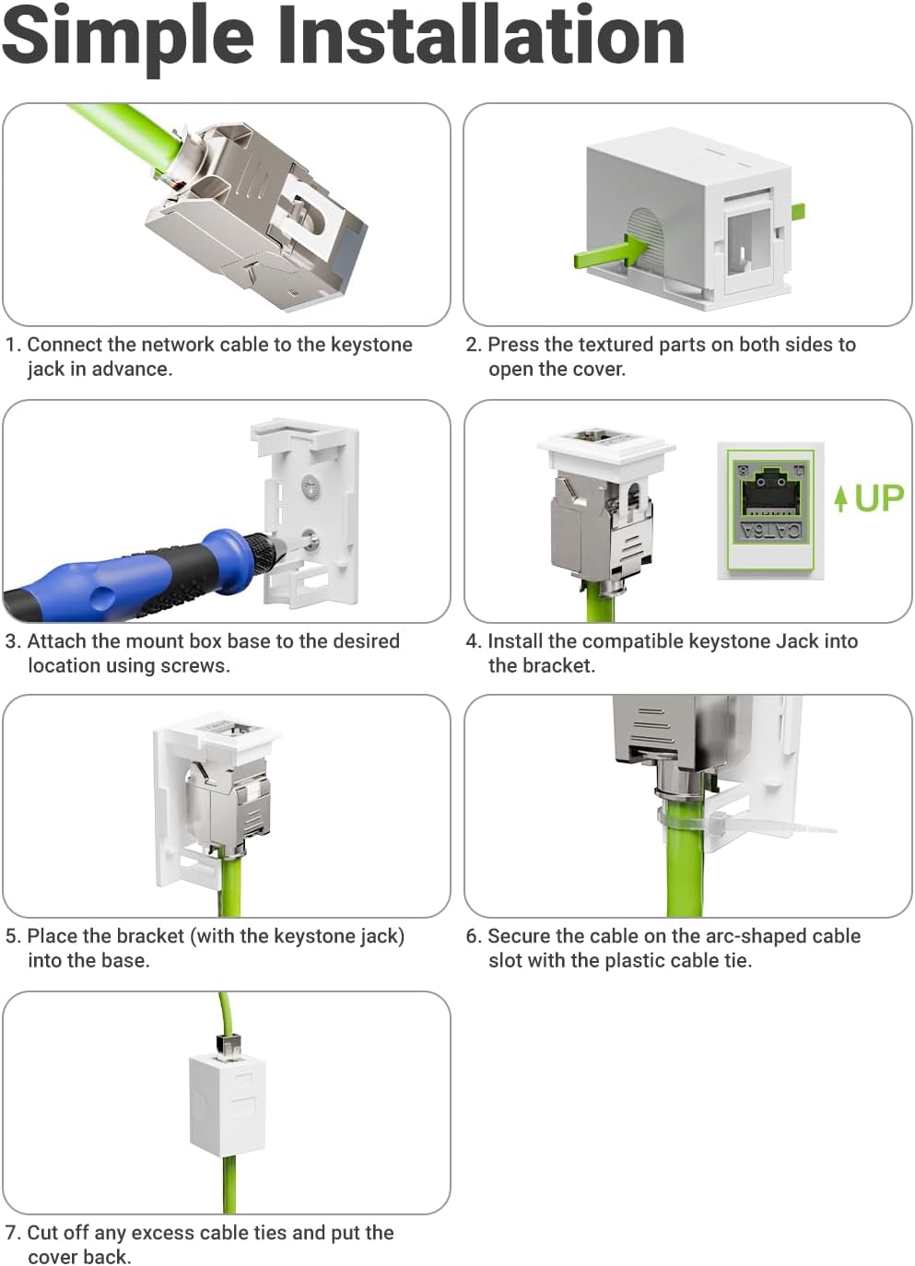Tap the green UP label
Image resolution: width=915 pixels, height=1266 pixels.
click(x=879, y=498)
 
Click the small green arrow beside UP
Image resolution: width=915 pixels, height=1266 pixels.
click(x=839, y=498)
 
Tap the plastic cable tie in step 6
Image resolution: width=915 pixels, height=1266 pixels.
click(x=746, y=824)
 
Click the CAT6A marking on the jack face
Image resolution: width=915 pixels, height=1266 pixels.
click(x=771, y=529)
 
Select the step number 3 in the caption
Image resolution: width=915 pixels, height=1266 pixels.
click(x=11, y=641)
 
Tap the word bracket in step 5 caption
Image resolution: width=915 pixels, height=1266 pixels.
click(x=151, y=936)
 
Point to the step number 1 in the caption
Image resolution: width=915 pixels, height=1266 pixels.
click(x=10, y=345)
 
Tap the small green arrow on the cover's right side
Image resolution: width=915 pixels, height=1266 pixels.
click(x=798, y=211)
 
